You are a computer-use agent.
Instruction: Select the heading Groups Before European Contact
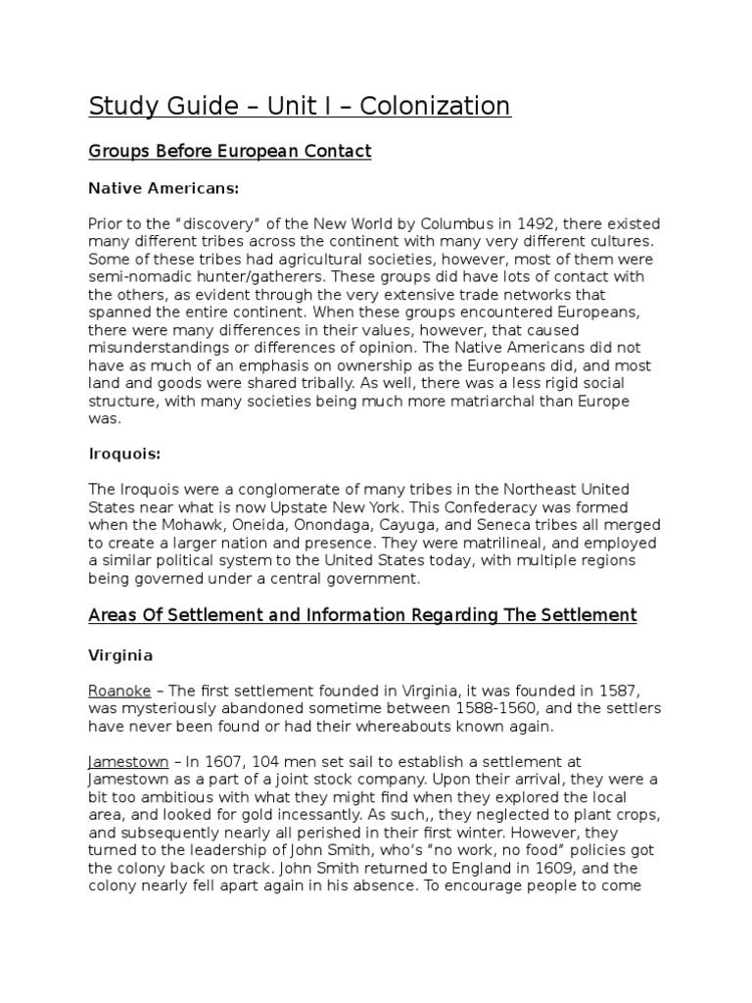(230, 151)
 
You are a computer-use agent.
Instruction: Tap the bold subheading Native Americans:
(164, 187)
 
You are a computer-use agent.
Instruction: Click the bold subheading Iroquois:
(124, 454)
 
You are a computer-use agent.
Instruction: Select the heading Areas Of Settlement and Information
(362, 615)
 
